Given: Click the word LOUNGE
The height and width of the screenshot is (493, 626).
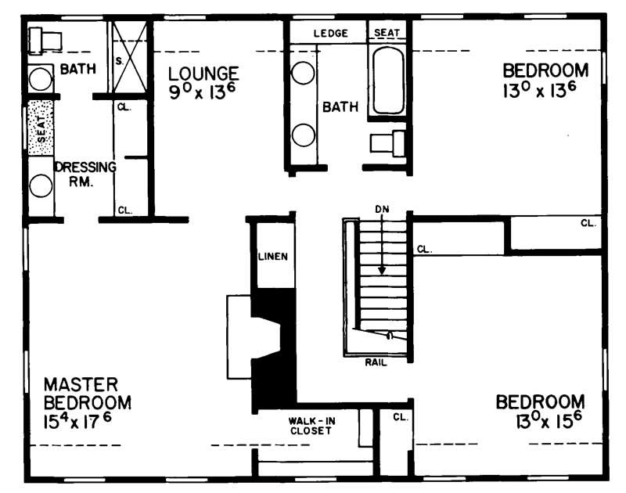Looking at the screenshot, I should click(x=203, y=74).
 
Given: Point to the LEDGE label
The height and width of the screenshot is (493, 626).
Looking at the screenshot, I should click(x=330, y=34).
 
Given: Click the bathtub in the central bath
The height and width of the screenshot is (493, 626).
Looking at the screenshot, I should click(x=388, y=81).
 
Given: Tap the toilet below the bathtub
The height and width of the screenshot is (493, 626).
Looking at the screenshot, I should click(x=388, y=143).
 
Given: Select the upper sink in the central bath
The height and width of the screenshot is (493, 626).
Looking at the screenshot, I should click(x=303, y=74).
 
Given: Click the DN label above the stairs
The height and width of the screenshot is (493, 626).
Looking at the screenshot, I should click(x=382, y=209).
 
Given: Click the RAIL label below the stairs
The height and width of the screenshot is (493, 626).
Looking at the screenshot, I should click(x=376, y=362).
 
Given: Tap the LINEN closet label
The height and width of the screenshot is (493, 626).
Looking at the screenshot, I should click(x=272, y=257).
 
